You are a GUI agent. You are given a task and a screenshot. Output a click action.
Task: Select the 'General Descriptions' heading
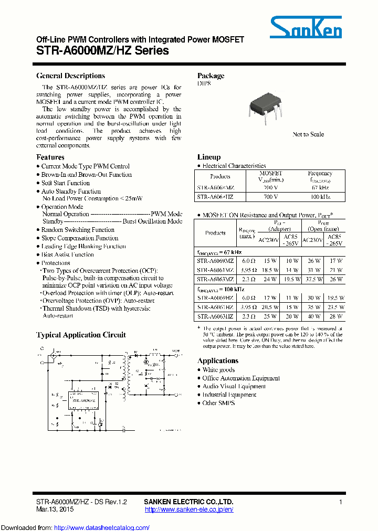pyautogui.click(x=70, y=76)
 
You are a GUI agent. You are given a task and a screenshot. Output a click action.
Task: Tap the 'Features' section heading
pyautogui.click(x=50, y=157)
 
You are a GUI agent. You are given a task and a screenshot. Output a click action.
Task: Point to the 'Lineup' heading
pyautogui.click(x=209, y=157)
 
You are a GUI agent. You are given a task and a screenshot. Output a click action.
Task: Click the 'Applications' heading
pyautogui.click(x=218, y=361)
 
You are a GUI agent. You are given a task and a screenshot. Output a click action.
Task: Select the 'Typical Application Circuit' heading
pyautogui.click(x=81, y=335)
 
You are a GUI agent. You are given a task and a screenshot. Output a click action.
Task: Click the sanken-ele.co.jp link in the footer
pyautogui.click(x=188, y=509)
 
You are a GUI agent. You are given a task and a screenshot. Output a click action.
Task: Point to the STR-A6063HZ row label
pyautogui.click(x=215, y=316)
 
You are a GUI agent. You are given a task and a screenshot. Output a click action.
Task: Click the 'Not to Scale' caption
pyautogui.click(x=308, y=134)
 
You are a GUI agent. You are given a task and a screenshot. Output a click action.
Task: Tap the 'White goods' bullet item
pyautogui.click(x=218, y=370)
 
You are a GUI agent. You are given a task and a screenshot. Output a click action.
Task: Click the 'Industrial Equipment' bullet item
pyautogui.click(x=229, y=395)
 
